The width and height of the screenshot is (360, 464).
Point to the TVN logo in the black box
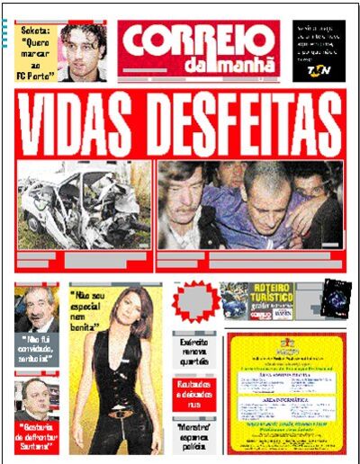tap(319, 68)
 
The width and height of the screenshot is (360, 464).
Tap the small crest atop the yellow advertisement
tap(287, 343)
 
